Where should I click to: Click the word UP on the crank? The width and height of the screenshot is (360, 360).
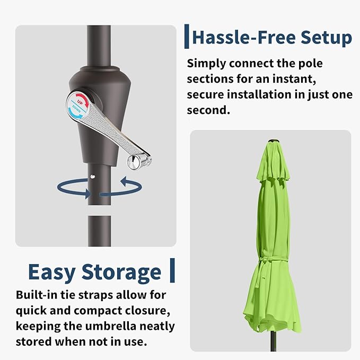tap(80, 102)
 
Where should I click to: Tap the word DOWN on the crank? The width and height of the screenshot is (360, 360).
tap(77, 109)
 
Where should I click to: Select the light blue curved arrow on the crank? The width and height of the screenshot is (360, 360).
tap(75, 114)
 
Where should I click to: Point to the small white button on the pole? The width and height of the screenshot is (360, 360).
tap(93, 177)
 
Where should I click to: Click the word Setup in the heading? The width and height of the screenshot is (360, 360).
tap(326, 37)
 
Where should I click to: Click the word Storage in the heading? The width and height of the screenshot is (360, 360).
tap(121, 272)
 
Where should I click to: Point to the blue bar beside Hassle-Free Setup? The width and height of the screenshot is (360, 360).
tap(187, 37)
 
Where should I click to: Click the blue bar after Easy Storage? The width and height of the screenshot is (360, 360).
tap(172, 270)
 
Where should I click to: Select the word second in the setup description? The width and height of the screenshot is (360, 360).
tap(208, 110)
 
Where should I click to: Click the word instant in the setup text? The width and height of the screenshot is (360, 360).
tap(294, 79)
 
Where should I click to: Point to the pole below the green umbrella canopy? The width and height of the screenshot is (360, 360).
tap(273, 342)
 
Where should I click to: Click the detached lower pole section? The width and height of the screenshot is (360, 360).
tap(100, 231)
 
